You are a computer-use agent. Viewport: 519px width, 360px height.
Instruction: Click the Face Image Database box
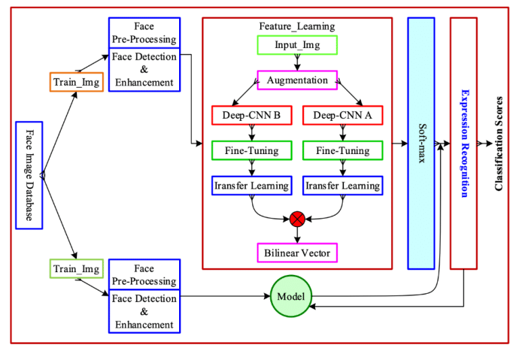coord(28,175)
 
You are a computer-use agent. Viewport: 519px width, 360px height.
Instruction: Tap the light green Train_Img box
coord(76,268)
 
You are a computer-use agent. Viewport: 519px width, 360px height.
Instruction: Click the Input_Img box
coord(297,45)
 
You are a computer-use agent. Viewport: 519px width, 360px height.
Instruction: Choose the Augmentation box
coord(297,80)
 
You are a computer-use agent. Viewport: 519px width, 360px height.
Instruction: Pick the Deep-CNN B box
coord(251,115)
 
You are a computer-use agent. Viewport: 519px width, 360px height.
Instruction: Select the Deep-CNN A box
coord(343,115)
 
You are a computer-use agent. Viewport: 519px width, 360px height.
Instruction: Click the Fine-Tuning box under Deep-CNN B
coord(251,151)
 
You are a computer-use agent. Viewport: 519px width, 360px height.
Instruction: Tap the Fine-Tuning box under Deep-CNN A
coord(343,151)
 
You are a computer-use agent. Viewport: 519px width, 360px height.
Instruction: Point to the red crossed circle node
coord(297,218)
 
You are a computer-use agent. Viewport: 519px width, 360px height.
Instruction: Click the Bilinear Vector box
coord(297,253)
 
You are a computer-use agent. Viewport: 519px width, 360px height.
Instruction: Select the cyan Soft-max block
coord(420,143)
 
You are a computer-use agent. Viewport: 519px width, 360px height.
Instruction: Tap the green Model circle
coord(291,297)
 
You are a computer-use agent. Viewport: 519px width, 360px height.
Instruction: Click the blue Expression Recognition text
coord(464,143)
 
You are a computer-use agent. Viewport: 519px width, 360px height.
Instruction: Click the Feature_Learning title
coord(297,26)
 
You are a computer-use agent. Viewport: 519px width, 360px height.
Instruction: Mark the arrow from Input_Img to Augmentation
coord(297,63)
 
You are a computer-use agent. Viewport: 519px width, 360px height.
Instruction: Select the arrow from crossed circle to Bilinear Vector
coord(297,234)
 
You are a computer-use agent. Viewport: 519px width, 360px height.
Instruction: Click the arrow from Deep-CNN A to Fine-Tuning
coord(343,133)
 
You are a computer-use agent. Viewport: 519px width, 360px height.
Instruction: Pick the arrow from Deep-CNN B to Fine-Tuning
coord(251,133)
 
